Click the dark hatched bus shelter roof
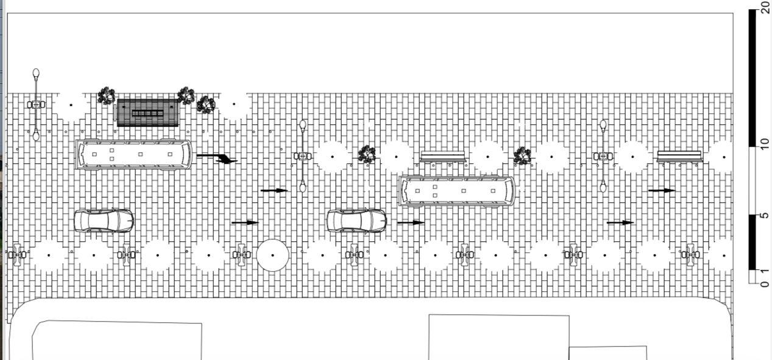coord(147,113)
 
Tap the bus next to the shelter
coord(133,154)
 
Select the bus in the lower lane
coord(456,191)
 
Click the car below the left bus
coord(104,221)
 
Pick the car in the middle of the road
coord(356,221)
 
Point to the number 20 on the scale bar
coord(765,7)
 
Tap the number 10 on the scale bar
coord(765,144)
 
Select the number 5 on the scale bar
coord(765,215)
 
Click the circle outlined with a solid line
coord(272,256)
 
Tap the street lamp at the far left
coord(36,105)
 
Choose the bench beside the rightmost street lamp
coord(679,157)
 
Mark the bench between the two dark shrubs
coord(443,157)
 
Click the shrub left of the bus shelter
coord(106,96)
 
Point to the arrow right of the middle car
coord(411,222)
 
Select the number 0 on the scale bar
coord(765,284)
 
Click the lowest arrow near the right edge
coord(620,222)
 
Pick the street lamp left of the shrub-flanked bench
coord(302,157)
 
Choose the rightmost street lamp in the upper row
coord(603,157)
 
